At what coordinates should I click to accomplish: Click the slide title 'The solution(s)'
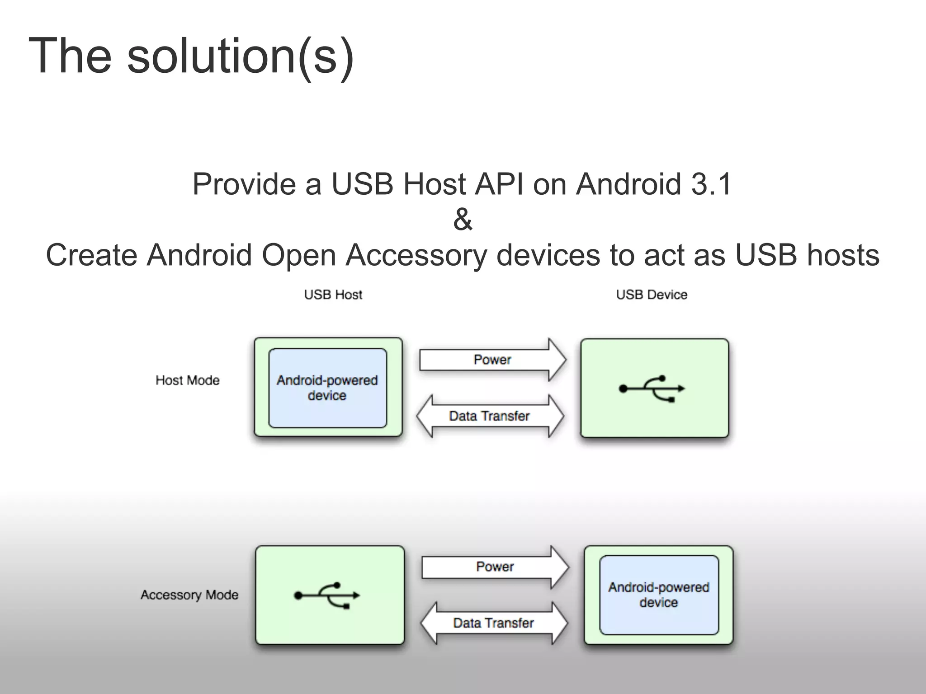(191, 56)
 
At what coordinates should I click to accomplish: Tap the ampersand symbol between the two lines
(463, 220)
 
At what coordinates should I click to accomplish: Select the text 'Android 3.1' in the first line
(653, 184)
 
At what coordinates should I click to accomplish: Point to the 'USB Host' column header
(333, 295)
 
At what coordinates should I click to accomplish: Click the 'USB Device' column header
(652, 295)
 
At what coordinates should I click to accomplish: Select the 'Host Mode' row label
(188, 380)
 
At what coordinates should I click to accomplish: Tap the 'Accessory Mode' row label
(189, 595)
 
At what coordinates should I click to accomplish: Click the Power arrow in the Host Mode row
(492, 360)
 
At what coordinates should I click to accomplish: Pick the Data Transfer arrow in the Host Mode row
(490, 416)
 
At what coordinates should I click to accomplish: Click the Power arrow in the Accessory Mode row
(495, 567)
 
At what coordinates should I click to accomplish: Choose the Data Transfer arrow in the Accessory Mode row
(493, 623)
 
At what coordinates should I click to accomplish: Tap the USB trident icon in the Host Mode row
(652, 389)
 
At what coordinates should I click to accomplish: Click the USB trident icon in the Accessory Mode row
(327, 595)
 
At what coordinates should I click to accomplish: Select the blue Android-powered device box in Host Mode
(327, 388)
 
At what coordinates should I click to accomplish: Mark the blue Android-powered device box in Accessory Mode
(659, 595)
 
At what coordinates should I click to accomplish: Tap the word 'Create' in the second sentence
(92, 255)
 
